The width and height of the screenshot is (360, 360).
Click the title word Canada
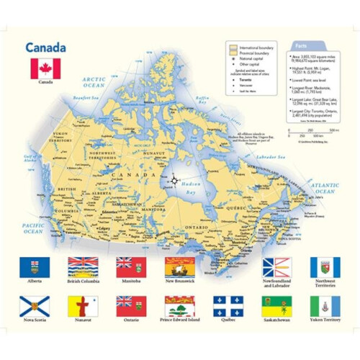[x=46, y=48]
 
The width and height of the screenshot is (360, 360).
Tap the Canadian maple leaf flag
[x=45, y=68]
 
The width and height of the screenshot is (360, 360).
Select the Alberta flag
[x=34, y=267]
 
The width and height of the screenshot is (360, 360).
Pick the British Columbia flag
[x=83, y=267]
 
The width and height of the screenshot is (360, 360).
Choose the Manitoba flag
[x=131, y=267]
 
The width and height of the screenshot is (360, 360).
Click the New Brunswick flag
[x=180, y=267]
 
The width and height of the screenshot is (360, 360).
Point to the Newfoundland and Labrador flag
[x=277, y=267]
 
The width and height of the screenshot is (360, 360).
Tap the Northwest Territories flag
[x=325, y=267]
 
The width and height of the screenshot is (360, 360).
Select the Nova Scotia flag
[x=34, y=306]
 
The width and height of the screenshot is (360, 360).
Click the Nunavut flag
[x=83, y=306]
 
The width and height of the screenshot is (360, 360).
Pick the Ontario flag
[x=131, y=306]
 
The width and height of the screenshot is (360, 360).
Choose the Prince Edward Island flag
[x=180, y=306]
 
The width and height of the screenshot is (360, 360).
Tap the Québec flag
[x=228, y=306]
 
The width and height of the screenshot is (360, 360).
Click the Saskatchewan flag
[x=277, y=306]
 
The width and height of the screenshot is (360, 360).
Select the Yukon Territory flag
[x=325, y=306]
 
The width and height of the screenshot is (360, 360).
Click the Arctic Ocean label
[x=94, y=81]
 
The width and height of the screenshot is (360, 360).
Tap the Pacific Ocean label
[x=34, y=228]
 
